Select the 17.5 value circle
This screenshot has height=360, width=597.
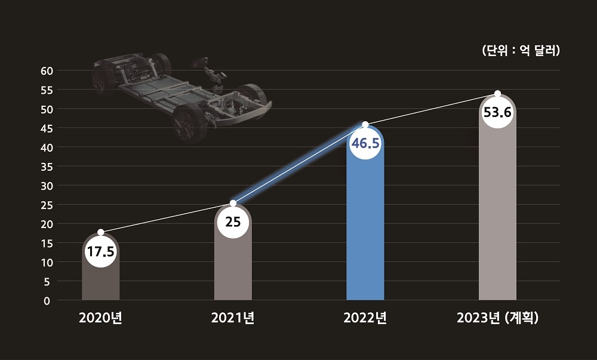(x=100, y=251)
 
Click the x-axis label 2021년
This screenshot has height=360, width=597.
(x=233, y=318)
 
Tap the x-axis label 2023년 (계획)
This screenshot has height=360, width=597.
(x=497, y=318)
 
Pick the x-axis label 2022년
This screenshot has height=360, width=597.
(x=365, y=318)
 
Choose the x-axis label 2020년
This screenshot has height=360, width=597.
(x=100, y=318)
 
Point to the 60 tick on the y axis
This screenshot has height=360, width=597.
(x=47, y=70)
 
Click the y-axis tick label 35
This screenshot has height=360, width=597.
(x=47, y=167)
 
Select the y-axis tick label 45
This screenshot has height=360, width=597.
(x=47, y=128)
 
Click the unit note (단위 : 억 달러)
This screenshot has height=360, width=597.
(x=520, y=51)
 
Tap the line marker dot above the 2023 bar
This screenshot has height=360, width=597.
(x=498, y=94)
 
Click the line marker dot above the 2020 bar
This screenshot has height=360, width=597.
(x=100, y=232)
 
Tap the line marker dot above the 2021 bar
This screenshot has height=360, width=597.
(x=233, y=204)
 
